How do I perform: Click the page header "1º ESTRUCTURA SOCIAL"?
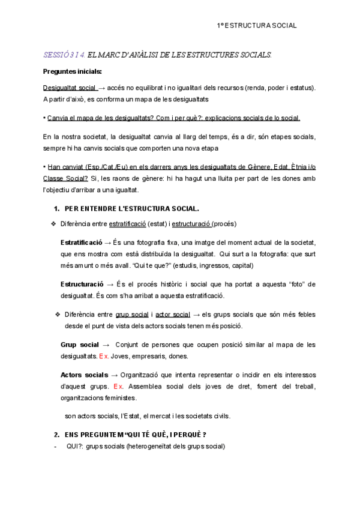[x=256, y=26]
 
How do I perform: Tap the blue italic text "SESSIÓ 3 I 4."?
[x=64, y=55]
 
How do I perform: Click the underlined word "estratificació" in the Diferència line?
[x=127, y=224]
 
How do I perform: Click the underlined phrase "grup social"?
[x=132, y=314]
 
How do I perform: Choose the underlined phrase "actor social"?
[x=173, y=314]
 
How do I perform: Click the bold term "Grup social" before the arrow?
[x=80, y=345]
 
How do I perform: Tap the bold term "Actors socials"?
[x=85, y=375]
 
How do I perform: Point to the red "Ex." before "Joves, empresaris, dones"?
[x=104, y=356]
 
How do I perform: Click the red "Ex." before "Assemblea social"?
[x=118, y=386]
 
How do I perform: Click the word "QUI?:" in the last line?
[x=75, y=447]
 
